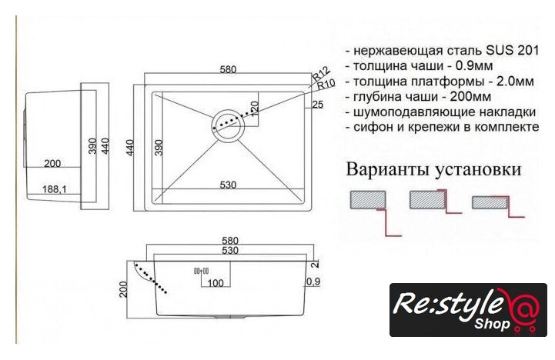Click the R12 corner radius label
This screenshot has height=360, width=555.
coord(322,73)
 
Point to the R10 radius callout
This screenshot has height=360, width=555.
coord(326,85)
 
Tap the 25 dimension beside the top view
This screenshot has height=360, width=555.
coord(318,105)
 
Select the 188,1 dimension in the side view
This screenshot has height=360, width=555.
coord(54,189)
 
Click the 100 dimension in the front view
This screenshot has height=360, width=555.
coord(216,283)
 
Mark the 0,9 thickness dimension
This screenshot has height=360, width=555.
coord(313,281)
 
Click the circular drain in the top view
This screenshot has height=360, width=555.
coord(229,125)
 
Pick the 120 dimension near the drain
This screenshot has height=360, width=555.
coord(255,108)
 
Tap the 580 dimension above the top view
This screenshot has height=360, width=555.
coord(228,69)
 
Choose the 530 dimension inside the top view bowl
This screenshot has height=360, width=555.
coord(228,185)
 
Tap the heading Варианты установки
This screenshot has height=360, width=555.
coord(433,169)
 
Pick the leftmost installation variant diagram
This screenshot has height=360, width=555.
coord(376,213)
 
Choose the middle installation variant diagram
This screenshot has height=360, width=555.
coord(436,202)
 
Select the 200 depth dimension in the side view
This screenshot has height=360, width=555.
coord(52,163)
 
